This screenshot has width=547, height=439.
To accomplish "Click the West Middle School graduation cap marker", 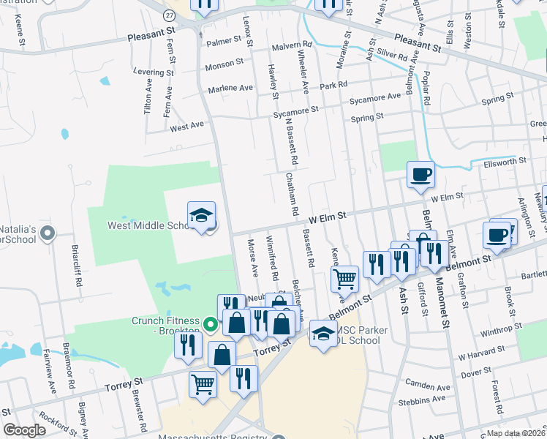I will (x=201, y=214).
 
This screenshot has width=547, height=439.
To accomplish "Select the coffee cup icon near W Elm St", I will (x=420, y=175).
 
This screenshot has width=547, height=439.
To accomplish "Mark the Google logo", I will (x=24, y=429).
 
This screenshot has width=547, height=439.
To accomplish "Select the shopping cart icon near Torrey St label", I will (x=203, y=383).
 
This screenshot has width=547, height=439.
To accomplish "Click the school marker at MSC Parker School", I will (x=322, y=333).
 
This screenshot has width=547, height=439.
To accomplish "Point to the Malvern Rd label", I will (x=291, y=45).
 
